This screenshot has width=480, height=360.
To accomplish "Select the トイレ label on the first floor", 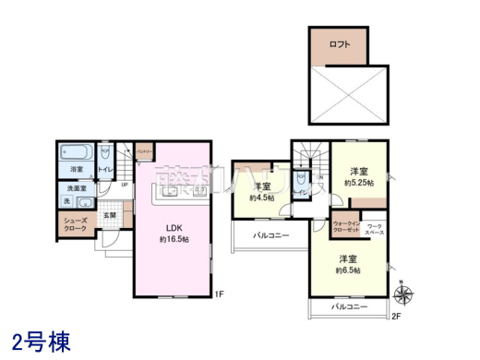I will pos(105,170).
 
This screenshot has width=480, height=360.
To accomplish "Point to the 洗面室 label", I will pos(78,188).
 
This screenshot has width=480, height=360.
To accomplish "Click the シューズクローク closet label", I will pos(76,224).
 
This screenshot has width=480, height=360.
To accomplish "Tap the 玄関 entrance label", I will pos(110,214).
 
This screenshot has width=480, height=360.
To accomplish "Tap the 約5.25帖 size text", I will pos(358,182).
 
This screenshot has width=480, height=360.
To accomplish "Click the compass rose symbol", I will pos(402,294).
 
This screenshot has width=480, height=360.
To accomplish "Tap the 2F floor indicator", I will pos(397,316).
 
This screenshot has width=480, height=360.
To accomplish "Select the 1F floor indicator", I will pos(219,295).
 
